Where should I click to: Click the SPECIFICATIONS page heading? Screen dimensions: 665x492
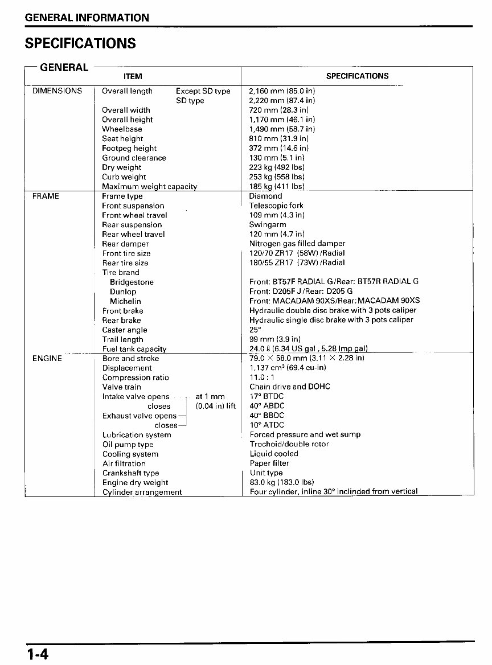click(x=80, y=44)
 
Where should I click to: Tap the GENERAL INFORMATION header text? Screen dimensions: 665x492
click(x=87, y=18)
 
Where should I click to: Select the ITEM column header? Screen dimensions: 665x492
click(x=133, y=76)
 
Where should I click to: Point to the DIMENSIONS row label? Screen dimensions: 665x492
click(x=57, y=91)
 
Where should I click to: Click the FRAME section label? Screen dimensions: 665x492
click(x=46, y=196)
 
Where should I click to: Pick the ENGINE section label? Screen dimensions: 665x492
click(x=47, y=359)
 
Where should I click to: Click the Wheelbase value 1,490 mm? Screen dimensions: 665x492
click(x=282, y=129)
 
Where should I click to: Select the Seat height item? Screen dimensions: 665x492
click(x=122, y=139)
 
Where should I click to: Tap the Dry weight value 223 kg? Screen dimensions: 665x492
click(x=277, y=167)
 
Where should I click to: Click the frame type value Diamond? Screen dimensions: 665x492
click(x=265, y=196)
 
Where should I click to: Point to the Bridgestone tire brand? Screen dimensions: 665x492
click(x=132, y=282)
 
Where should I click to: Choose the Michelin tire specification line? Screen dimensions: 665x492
click(x=334, y=301)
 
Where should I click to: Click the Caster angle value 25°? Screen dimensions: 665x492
click(x=255, y=330)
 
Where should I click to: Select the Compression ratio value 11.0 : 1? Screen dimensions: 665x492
click(x=262, y=377)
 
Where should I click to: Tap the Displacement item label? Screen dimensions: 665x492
click(x=127, y=368)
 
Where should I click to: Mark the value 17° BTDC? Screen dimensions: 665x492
click(x=266, y=396)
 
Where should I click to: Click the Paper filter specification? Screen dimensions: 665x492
click(x=269, y=463)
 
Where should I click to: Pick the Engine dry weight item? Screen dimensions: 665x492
click(x=135, y=483)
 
